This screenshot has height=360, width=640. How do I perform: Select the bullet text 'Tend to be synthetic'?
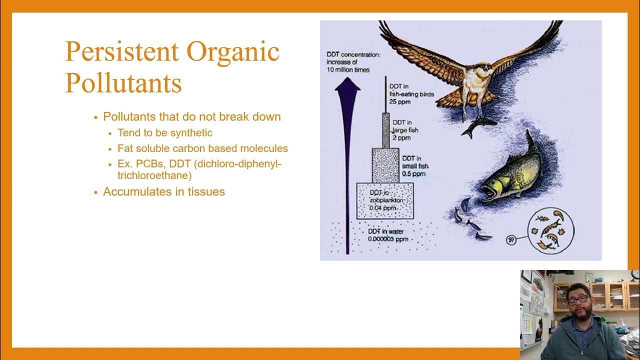164,132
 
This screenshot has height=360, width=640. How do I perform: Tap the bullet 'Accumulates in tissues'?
163,191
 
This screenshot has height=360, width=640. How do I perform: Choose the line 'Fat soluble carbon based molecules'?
202,148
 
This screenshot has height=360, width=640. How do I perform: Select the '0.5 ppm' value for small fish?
413,173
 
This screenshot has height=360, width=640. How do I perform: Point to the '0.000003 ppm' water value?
388,239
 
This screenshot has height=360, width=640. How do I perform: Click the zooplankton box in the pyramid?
384,201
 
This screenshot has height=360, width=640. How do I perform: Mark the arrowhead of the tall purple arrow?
347,85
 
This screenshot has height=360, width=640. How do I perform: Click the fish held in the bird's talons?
477,125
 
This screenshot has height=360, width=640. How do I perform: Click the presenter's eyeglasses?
578,299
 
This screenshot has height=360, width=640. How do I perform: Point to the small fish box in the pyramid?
385,165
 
